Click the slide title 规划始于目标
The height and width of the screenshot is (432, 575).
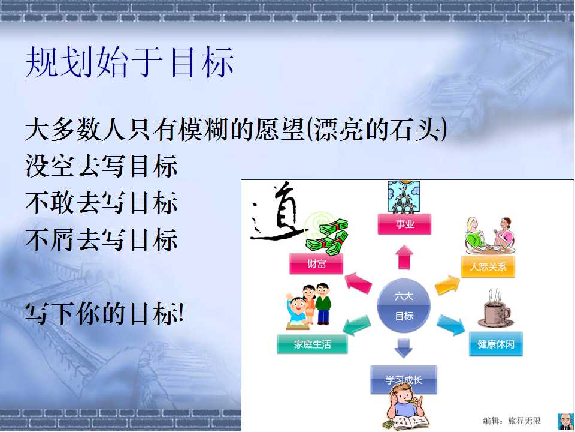point(129,62)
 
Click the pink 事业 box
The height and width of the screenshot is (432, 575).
point(404,224)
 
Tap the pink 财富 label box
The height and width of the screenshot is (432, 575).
point(316,263)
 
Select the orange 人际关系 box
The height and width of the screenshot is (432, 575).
point(488,266)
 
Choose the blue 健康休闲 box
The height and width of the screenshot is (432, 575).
point(496,344)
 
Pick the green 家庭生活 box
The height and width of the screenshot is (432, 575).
point(312,344)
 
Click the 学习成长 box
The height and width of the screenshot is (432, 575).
point(403,379)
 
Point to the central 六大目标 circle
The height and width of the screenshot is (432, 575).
point(404,305)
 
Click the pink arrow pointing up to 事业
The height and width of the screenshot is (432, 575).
point(404,257)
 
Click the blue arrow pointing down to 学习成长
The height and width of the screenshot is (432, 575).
point(404,347)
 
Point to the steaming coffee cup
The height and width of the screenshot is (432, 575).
point(496,308)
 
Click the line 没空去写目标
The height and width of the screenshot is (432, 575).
point(101,166)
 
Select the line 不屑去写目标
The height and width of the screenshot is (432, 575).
point(101,239)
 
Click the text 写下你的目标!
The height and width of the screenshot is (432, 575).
point(104,313)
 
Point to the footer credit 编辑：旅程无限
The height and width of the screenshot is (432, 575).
point(512,421)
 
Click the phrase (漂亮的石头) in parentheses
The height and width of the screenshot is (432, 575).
point(376,130)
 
